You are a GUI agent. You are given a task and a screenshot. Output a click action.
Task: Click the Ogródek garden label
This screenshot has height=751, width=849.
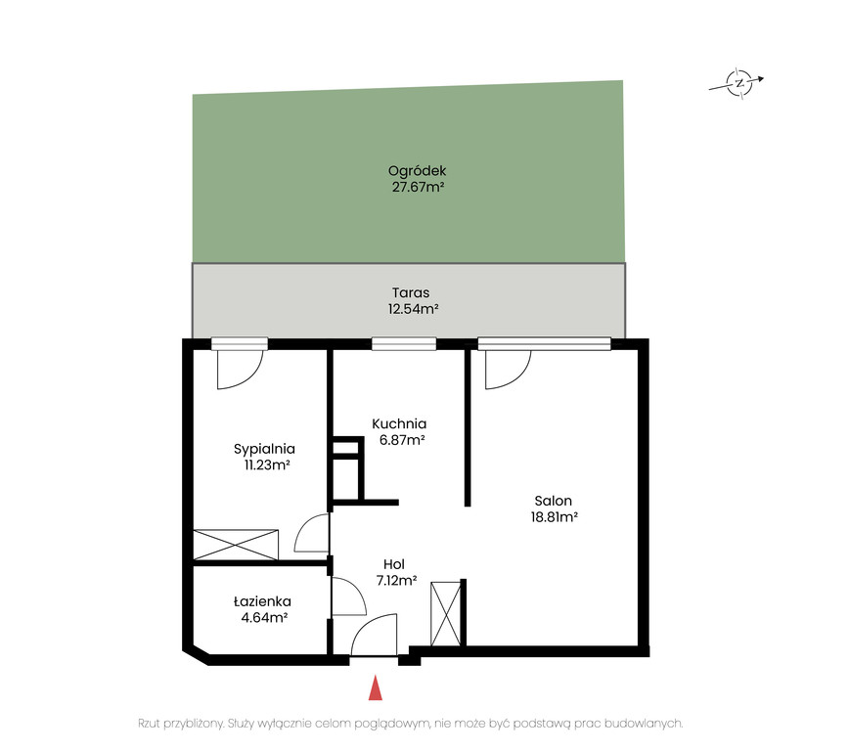pyautogui.click(x=417, y=171)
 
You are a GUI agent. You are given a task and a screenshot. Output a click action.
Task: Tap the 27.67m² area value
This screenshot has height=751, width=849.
pyautogui.click(x=418, y=188)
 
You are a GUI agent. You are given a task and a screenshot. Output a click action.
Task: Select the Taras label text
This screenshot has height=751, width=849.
pyautogui.click(x=411, y=293)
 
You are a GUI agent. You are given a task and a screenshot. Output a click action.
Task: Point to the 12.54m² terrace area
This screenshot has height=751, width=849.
pyautogui.click(x=413, y=309)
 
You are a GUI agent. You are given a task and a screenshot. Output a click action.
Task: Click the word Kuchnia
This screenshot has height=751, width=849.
pyautogui.click(x=399, y=424)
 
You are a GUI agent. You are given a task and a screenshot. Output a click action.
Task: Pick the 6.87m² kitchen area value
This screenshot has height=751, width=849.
pyautogui.click(x=402, y=440)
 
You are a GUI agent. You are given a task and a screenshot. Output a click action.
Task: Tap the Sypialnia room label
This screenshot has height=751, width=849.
pyautogui.click(x=264, y=450)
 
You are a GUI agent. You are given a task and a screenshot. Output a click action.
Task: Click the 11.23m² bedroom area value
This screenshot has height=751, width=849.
pyautogui.click(x=267, y=465)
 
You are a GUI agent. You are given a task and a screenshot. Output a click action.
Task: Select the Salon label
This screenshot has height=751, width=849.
pyautogui.click(x=554, y=501)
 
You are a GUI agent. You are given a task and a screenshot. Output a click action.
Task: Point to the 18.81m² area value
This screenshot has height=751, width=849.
pyautogui.click(x=555, y=517)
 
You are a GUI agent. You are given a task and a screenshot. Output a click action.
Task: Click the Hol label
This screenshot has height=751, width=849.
pyautogui.click(x=394, y=564)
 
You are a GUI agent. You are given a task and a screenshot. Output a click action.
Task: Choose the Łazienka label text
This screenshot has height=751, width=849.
pyautogui.click(x=262, y=601)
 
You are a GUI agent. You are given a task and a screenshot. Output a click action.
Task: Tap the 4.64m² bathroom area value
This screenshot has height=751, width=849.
pyautogui.click(x=264, y=618)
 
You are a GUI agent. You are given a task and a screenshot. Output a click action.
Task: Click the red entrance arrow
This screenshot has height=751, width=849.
pyautogui.click(x=376, y=687)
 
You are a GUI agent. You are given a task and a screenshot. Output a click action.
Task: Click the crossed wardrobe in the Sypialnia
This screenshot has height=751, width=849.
pyautogui.click(x=236, y=545)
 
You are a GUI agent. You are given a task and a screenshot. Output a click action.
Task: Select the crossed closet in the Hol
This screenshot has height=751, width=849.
pyautogui.click(x=446, y=614)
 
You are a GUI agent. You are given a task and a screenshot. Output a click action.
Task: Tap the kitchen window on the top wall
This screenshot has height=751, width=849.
pyautogui.click(x=404, y=344)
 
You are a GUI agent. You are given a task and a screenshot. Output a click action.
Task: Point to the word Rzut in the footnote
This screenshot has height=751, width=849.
pyautogui.click(x=150, y=724)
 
